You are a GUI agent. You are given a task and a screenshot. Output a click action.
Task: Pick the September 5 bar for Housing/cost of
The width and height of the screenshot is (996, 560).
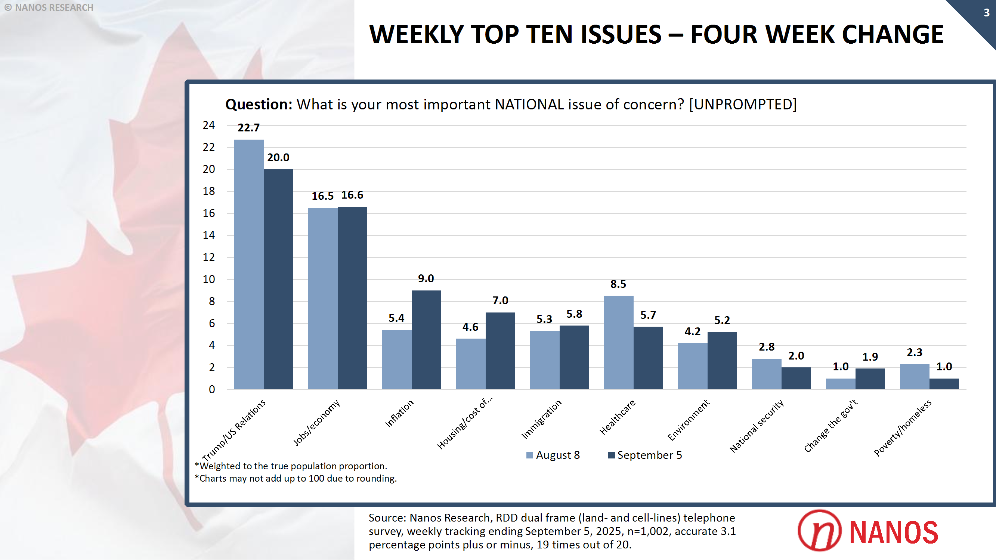[x=500, y=351]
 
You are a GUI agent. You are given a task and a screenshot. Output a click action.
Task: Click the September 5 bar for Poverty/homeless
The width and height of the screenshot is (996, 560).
[x=944, y=383]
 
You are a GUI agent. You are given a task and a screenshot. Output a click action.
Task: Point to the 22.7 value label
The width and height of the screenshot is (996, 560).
[x=248, y=128]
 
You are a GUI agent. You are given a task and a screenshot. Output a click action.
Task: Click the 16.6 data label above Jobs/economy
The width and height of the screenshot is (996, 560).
[x=352, y=195]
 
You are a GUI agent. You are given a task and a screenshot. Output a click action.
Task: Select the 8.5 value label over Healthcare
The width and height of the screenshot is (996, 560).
[x=618, y=284]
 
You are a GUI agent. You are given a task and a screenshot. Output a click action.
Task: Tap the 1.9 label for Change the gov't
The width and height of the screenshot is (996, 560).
[x=870, y=357]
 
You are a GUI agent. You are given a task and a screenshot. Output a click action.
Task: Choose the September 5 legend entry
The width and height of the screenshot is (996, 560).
[x=645, y=455]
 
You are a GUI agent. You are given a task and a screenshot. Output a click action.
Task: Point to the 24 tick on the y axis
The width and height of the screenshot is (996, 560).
[x=208, y=125]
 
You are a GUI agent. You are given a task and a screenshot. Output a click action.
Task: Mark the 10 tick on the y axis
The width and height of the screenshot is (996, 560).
[x=208, y=279]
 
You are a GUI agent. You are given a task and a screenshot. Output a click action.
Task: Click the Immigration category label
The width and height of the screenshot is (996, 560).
[x=541, y=419]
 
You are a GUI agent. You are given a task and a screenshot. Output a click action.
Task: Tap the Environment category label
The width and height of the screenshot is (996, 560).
[x=688, y=420]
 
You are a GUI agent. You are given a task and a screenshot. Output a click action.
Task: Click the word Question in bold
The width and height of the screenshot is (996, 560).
[x=258, y=105]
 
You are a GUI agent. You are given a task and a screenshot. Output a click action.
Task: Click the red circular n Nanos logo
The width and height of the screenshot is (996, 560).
[x=819, y=531]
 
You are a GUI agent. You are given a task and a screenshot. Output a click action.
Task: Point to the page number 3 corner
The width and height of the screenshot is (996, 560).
[x=986, y=13]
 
